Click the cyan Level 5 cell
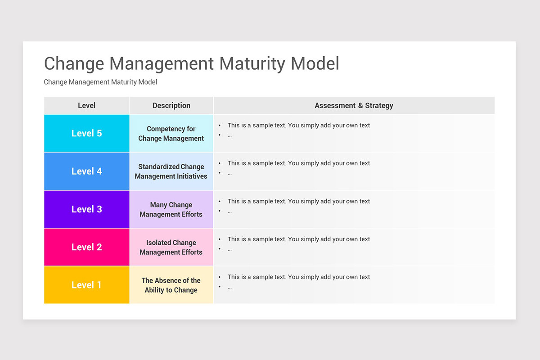(87, 133)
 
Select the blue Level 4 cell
(87, 171)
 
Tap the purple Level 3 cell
(87, 209)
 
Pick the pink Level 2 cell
(87, 247)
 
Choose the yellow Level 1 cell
(87, 285)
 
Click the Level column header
(87, 105)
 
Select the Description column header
(171, 105)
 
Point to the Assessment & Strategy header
(354, 105)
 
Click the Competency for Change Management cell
(171, 134)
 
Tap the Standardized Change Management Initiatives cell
(171, 171)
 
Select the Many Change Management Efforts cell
(171, 209)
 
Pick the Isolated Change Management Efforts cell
(171, 247)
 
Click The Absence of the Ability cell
(171, 285)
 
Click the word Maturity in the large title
(252, 63)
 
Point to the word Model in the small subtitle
(148, 82)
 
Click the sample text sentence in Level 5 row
(298, 125)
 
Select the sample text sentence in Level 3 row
(298, 201)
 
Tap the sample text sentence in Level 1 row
(298, 277)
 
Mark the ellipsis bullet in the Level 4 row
(229, 173)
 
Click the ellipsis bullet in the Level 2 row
(229, 249)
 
